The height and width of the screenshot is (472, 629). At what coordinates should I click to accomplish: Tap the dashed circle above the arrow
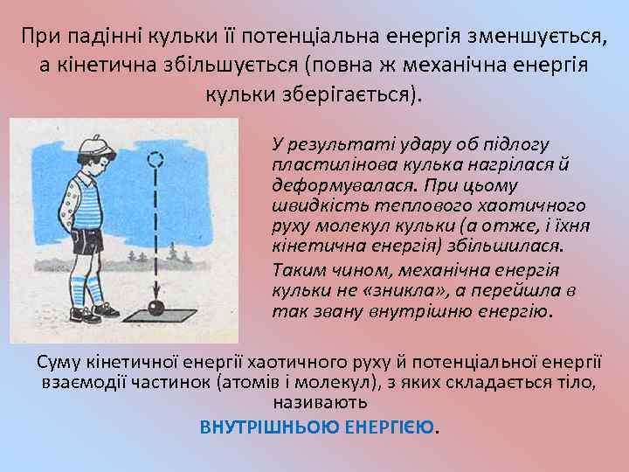[156, 161]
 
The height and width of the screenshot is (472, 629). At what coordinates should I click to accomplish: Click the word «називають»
[321, 403]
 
